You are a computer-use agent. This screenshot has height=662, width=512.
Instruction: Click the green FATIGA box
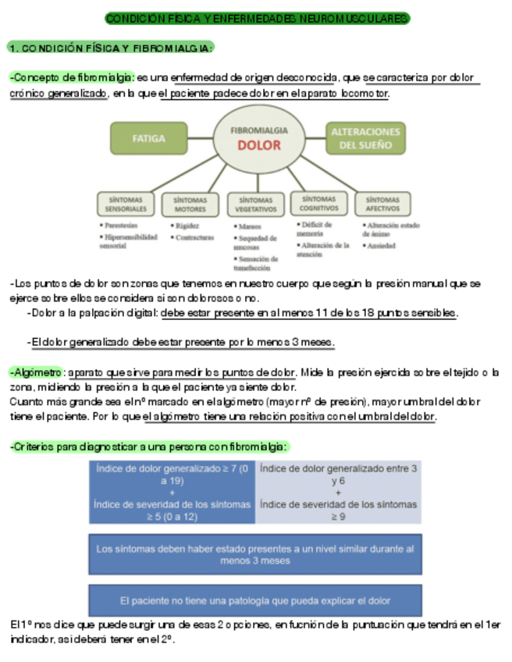(x=149, y=138)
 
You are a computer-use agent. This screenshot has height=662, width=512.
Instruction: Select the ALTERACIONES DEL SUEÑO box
(x=365, y=138)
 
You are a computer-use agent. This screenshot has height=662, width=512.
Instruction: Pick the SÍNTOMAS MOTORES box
(x=190, y=204)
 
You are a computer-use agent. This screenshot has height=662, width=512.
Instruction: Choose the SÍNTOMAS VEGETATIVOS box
(x=256, y=205)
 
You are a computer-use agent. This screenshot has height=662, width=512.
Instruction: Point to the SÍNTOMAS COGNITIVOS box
(x=318, y=204)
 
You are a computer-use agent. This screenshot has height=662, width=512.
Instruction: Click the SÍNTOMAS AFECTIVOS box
(x=382, y=204)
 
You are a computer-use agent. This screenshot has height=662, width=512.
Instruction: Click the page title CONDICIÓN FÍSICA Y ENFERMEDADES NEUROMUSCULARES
(x=257, y=18)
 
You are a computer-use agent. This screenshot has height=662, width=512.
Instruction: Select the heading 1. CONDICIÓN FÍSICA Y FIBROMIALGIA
(x=110, y=48)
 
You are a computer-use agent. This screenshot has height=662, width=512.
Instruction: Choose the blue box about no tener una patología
(x=255, y=600)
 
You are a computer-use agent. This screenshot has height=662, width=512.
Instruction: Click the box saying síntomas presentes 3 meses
(x=255, y=554)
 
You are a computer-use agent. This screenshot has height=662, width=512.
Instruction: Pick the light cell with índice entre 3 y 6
(x=338, y=492)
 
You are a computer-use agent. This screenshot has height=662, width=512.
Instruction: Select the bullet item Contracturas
(x=194, y=237)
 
